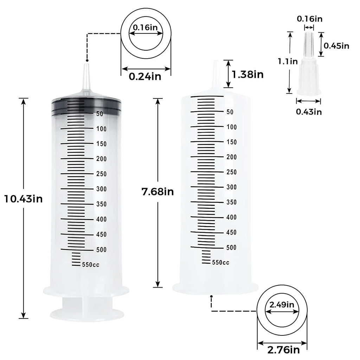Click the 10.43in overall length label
click(23, 199)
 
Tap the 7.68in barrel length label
click(158, 192)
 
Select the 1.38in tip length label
click(247, 75)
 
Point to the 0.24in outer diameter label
click(145, 76)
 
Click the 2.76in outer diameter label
click(284, 349)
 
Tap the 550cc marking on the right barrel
click(220, 262)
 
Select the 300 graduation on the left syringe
click(101, 189)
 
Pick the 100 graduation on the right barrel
click(232, 127)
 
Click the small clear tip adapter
click(308, 67)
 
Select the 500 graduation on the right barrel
click(232, 247)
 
